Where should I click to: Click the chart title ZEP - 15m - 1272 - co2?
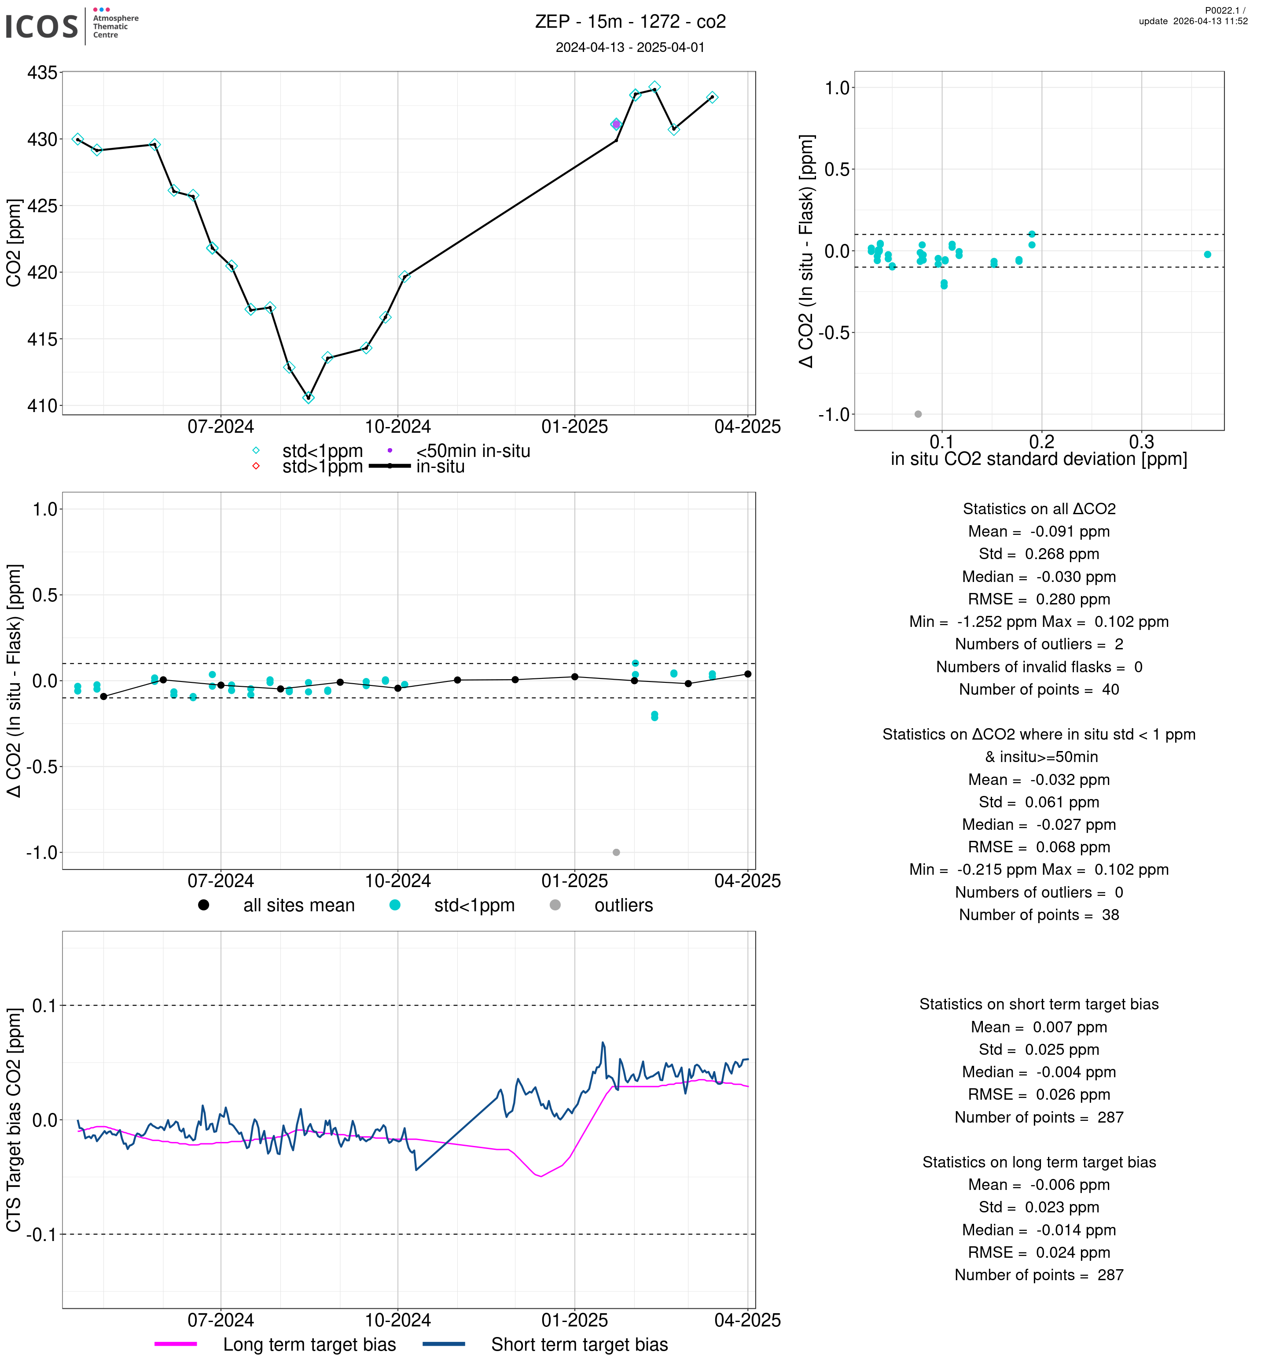click(x=630, y=22)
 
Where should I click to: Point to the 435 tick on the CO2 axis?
click(x=42, y=72)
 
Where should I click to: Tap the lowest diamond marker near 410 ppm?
click(x=309, y=397)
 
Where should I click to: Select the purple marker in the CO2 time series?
click(x=616, y=124)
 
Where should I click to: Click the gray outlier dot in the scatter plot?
click(x=918, y=414)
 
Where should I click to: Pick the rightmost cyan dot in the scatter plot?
click(x=1207, y=254)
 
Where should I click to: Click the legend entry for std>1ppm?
click(x=322, y=467)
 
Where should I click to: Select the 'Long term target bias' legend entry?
click(x=309, y=1344)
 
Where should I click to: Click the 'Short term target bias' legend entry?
click(x=579, y=1344)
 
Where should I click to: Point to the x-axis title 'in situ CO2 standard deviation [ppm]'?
click(x=1039, y=459)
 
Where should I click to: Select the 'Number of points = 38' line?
click(x=1039, y=915)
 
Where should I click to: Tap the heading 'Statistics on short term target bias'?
click(x=1039, y=1004)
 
